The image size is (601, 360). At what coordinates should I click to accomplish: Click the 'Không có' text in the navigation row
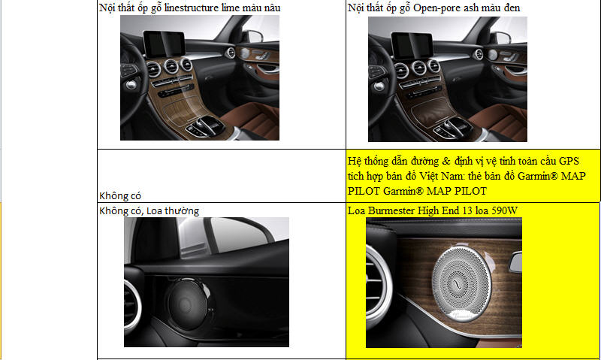[x=120, y=195]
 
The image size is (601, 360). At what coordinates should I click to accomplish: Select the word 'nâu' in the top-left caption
[x=272, y=8]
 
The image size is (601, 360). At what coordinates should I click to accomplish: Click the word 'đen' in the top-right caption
[x=512, y=8]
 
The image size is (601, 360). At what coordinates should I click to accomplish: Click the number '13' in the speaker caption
[x=467, y=210]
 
